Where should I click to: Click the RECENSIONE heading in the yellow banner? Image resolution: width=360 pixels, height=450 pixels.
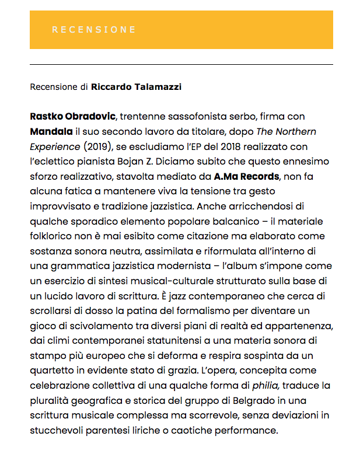93,30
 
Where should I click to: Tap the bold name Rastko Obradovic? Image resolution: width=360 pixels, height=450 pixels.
73,117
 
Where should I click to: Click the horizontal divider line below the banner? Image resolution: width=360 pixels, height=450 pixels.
181,64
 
